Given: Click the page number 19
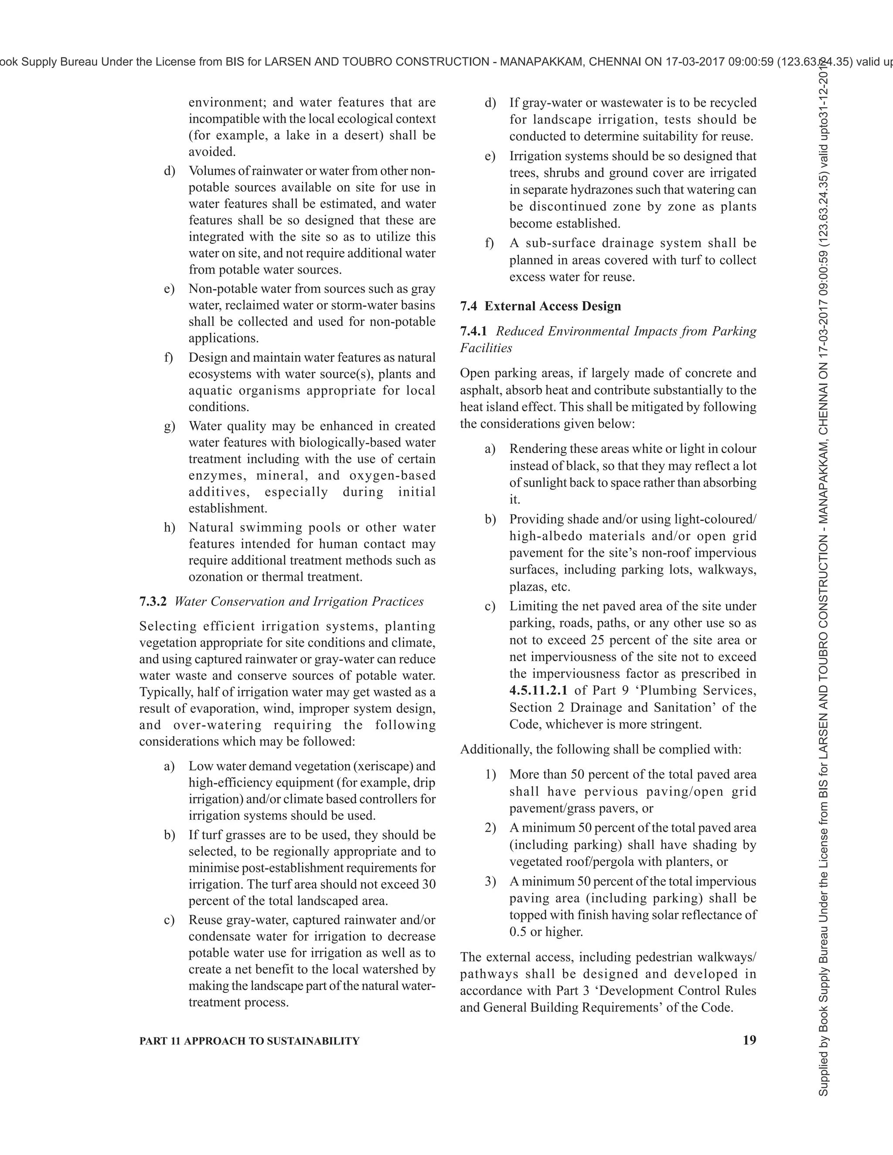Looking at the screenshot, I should pyautogui.click(x=749, y=1040).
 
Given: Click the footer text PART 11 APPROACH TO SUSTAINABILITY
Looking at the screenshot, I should pyautogui.click(x=249, y=1041).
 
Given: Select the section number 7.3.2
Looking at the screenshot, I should pyautogui.click(x=153, y=601).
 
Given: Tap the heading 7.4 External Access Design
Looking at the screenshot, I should pyautogui.click(x=540, y=306).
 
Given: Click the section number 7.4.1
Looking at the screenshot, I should pyautogui.click(x=474, y=331).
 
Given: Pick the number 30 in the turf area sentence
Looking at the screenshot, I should pyautogui.click(x=428, y=884).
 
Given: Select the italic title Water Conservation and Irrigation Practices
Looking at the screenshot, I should pyautogui.click(x=299, y=601).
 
